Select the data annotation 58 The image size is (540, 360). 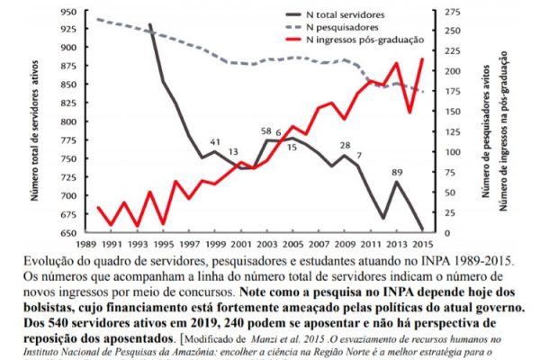point(266,131)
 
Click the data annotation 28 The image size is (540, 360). point(346,145)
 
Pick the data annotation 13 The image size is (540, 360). point(234,153)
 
